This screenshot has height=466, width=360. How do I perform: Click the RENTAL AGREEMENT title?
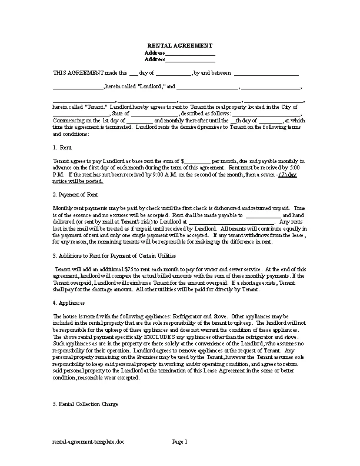point(179,45)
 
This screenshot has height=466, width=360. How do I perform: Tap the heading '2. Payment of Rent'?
point(75,194)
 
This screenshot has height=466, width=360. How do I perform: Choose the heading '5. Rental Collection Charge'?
point(85,404)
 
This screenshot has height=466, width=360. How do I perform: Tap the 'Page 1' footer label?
point(179,441)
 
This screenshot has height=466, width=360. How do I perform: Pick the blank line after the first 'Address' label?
point(189,53)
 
